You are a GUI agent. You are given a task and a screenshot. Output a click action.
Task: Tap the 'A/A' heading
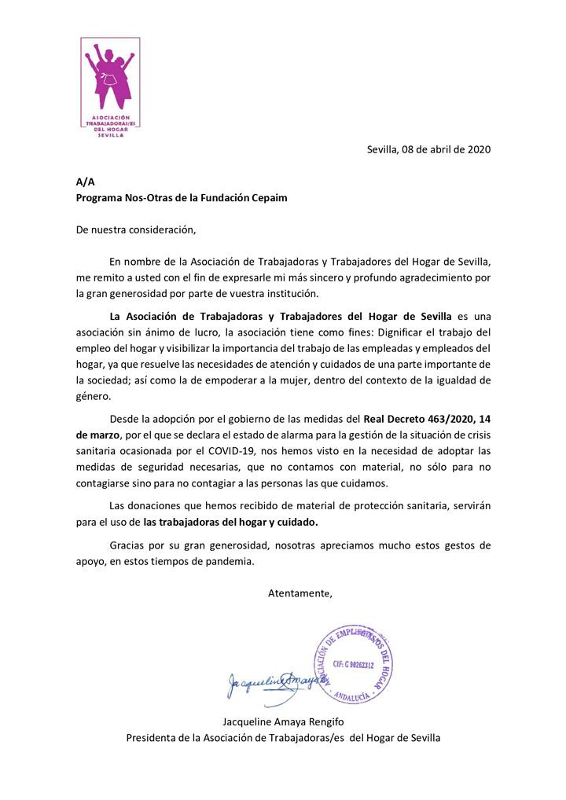coord(84,182)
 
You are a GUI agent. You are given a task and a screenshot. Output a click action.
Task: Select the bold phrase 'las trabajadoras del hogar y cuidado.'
coord(232,521)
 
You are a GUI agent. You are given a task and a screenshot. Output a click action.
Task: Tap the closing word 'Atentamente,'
coord(300,593)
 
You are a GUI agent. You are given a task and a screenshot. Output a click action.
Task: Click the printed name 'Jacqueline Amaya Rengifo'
coord(283,721)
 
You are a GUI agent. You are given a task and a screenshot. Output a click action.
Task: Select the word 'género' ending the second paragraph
coord(93,397)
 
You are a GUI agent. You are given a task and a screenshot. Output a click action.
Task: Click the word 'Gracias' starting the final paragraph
coord(127,545)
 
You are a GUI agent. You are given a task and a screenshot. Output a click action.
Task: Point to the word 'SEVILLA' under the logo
coord(110,135)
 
